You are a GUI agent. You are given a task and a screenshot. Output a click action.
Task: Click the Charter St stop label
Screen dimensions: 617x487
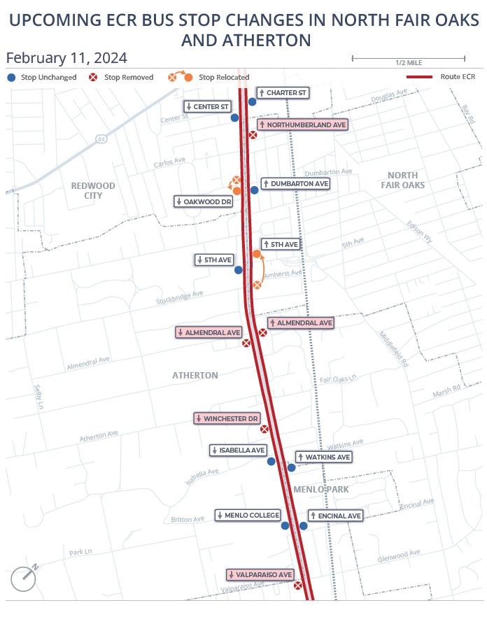(x=283, y=93)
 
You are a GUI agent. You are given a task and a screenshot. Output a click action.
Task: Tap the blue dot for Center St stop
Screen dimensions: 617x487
(x=235, y=118)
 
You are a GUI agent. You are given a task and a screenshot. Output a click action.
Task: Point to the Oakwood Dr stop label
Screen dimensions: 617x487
(x=204, y=201)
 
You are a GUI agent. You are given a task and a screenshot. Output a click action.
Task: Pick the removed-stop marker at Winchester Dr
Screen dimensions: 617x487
(x=264, y=430)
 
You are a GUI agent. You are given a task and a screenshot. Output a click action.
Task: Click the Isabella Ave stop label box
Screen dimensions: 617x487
(x=239, y=451)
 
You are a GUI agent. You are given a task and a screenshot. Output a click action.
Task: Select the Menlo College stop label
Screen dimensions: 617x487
(x=248, y=516)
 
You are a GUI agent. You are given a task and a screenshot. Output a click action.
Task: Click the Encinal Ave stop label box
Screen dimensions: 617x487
(x=335, y=516)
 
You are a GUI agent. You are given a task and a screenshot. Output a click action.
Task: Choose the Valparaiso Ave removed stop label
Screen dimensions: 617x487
(x=260, y=574)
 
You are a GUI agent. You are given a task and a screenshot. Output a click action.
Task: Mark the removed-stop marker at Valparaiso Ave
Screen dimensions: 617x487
(x=298, y=586)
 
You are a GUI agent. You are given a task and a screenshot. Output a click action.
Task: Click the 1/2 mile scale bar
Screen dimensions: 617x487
(x=408, y=59)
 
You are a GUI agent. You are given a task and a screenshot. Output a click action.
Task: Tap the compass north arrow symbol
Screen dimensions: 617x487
(x=24, y=577)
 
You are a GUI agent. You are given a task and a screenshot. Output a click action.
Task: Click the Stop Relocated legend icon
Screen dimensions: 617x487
(x=180, y=76)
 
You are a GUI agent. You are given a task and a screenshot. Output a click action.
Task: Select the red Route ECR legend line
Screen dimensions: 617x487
(x=421, y=76)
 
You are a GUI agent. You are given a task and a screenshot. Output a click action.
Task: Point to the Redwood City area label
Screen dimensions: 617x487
(x=92, y=190)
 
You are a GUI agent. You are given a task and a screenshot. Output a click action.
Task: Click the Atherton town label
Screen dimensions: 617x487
(x=195, y=376)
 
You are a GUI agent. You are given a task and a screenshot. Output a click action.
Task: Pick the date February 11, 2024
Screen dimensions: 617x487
(x=66, y=57)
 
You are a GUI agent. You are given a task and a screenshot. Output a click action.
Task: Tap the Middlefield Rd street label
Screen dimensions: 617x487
(x=394, y=349)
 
